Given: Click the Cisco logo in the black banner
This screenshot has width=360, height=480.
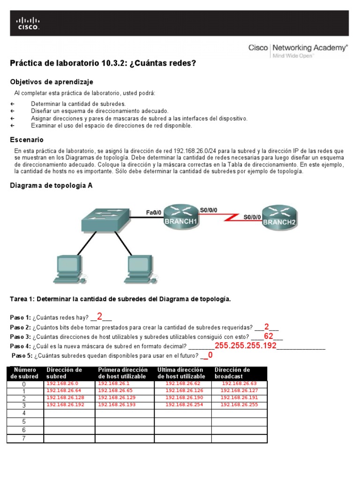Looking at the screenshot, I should pos(28,23).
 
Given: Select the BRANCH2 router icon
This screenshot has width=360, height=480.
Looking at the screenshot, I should pos(279,217).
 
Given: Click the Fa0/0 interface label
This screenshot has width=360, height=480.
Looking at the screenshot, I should pos(153,212).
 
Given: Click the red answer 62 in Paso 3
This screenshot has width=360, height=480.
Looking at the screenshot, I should pos(269,337).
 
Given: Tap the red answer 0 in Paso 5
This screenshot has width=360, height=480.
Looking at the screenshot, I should pos(210,355).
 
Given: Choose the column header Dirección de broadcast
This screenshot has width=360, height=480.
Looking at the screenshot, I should pos(232,373).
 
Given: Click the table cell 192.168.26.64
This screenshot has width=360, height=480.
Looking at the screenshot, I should pos(64,390).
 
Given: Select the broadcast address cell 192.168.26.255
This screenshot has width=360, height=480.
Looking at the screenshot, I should pos(239,405).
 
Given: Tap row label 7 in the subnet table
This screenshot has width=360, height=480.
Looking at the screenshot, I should pos(24,439).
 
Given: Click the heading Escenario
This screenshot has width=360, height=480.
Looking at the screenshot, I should pos(27,140).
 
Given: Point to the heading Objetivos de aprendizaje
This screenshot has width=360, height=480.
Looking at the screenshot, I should pos(52,82).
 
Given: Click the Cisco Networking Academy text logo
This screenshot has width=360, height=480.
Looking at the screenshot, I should pos(298,48).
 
